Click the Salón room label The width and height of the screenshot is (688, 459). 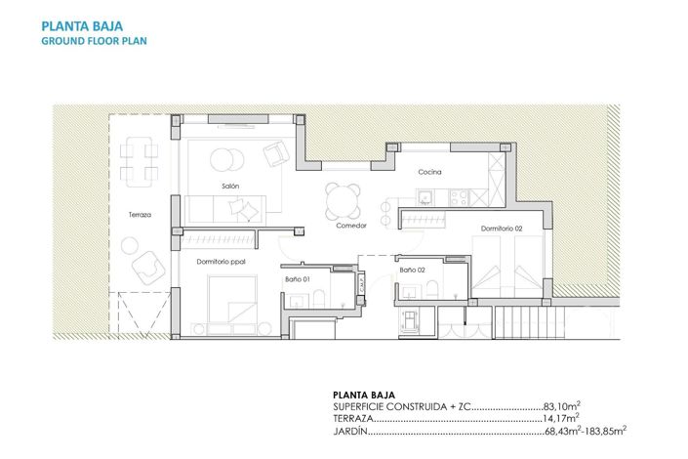pyautogui.click(x=230, y=186)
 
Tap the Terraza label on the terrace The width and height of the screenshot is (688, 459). pyautogui.click(x=140, y=215)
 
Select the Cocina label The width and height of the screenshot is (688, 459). pyautogui.click(x=430, y=173)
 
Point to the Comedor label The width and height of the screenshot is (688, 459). pyautogui.click(x=350, y=225)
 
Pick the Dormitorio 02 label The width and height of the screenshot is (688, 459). pyautogui.click(x=503, y=229)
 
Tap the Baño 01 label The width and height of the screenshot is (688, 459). pyautogui.click(x=298, y=280)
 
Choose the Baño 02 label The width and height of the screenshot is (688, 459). pyautogui.click(x=413, y=269)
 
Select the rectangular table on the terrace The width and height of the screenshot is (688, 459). pyautogui.click(x=142, y=164)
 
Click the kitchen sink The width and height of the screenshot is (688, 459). pyautogui.click(x=425, y=198)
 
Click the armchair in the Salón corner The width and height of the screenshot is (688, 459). pyautogui.click(x=276, y=152)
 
